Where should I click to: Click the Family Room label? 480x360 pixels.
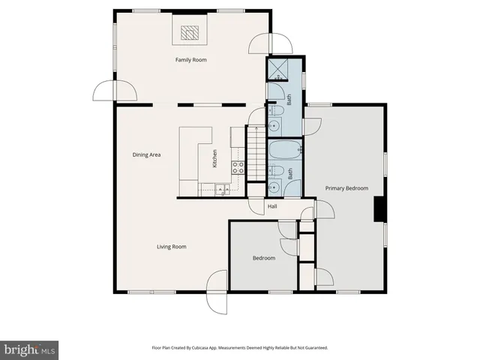[190, 60]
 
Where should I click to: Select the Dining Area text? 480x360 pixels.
[147, 155]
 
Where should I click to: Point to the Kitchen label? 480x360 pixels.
[215, 158]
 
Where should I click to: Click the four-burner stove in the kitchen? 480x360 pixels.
[238, 168]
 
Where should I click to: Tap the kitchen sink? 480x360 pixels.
[223, 190]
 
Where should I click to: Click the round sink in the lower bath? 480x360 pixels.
[275, 188]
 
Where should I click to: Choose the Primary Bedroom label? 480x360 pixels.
[346, 189]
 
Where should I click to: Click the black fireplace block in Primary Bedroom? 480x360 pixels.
[380, 209]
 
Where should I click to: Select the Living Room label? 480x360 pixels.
[171, 247]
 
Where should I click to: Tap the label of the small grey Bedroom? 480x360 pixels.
[263, 259]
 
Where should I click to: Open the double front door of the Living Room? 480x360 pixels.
[217, 291]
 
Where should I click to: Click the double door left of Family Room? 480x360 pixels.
[115, 91]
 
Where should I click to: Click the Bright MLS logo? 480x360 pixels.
[29, 349]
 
